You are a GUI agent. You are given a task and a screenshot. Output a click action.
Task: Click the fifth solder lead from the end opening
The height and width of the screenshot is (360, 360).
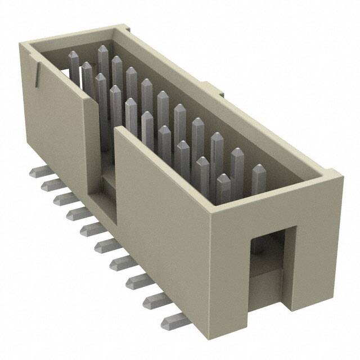[x=107, y=245]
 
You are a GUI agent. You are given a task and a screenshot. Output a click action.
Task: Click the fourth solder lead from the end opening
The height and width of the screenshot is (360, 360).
[x=121, y=262]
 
